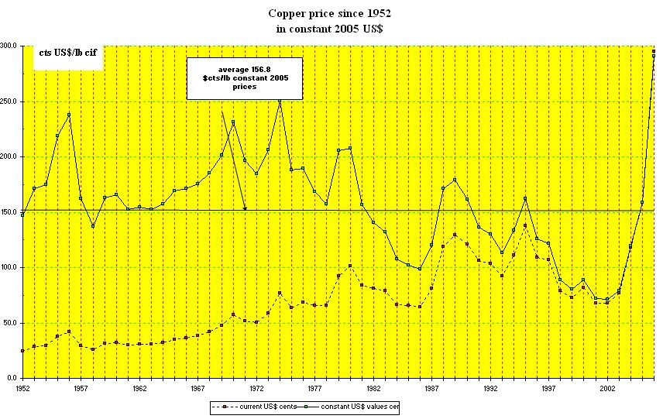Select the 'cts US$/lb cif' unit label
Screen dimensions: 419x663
[x=67, y=53]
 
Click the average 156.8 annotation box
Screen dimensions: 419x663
[x=245, y=78]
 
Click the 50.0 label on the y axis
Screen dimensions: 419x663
[x=10, y=323]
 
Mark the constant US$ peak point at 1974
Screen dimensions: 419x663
[x=280, y=101]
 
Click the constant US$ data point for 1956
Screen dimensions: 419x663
[x=69, y=115]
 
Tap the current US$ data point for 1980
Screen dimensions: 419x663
[x=350, y=266]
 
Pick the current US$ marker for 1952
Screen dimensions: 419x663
[x=22, y=351]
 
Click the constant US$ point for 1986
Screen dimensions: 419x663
[x=420, y=269]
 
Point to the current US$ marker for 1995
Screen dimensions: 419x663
[x=525, y=225]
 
